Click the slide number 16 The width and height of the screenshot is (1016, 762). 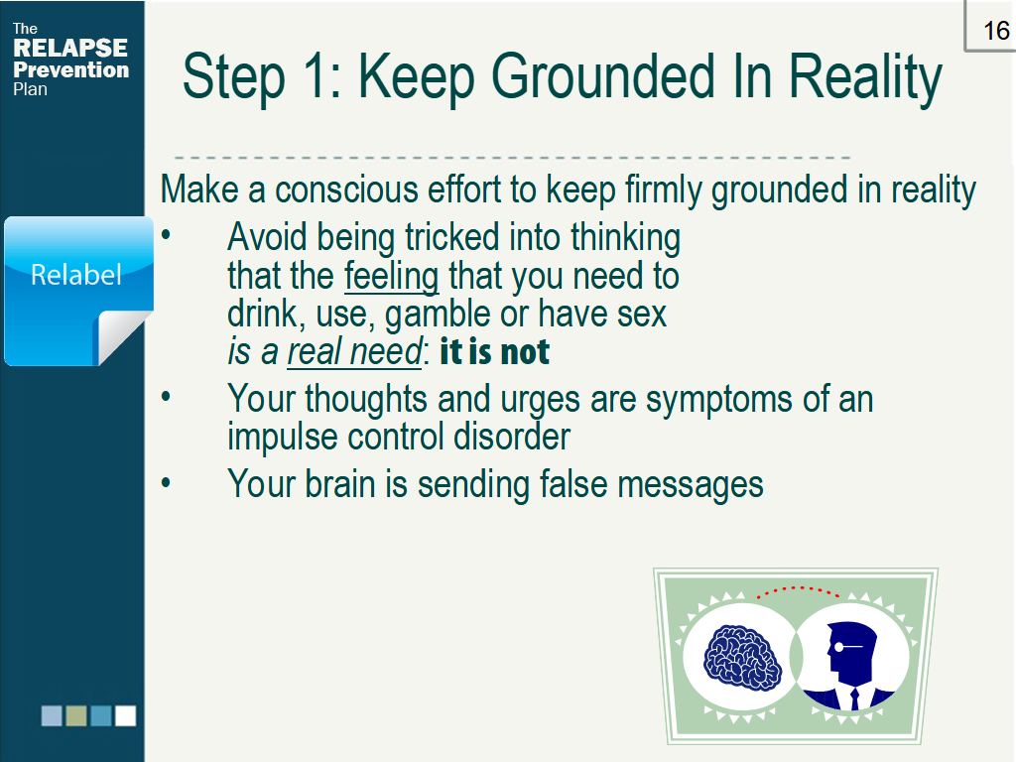click(x=995, y=31)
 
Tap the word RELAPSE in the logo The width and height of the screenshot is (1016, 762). click(x=70, y=48)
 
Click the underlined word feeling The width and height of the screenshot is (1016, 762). click(x=392, y=275)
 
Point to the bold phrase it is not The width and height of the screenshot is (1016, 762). click(x=494, y=352)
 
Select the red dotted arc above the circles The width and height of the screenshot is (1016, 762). click(x=798, y=590)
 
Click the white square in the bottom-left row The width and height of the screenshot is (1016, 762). click(x=125, y=715)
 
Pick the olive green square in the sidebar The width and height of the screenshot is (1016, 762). click(x=76, y=715)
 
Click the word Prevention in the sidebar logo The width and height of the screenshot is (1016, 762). click(x=70, y=69)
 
